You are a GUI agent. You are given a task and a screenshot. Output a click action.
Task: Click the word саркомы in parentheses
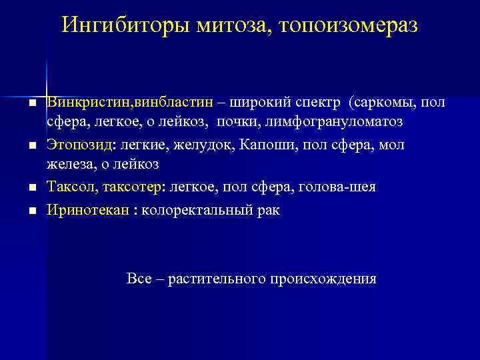385,102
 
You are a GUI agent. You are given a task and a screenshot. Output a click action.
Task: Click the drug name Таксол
69,187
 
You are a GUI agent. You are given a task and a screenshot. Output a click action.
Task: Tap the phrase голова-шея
342,187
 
